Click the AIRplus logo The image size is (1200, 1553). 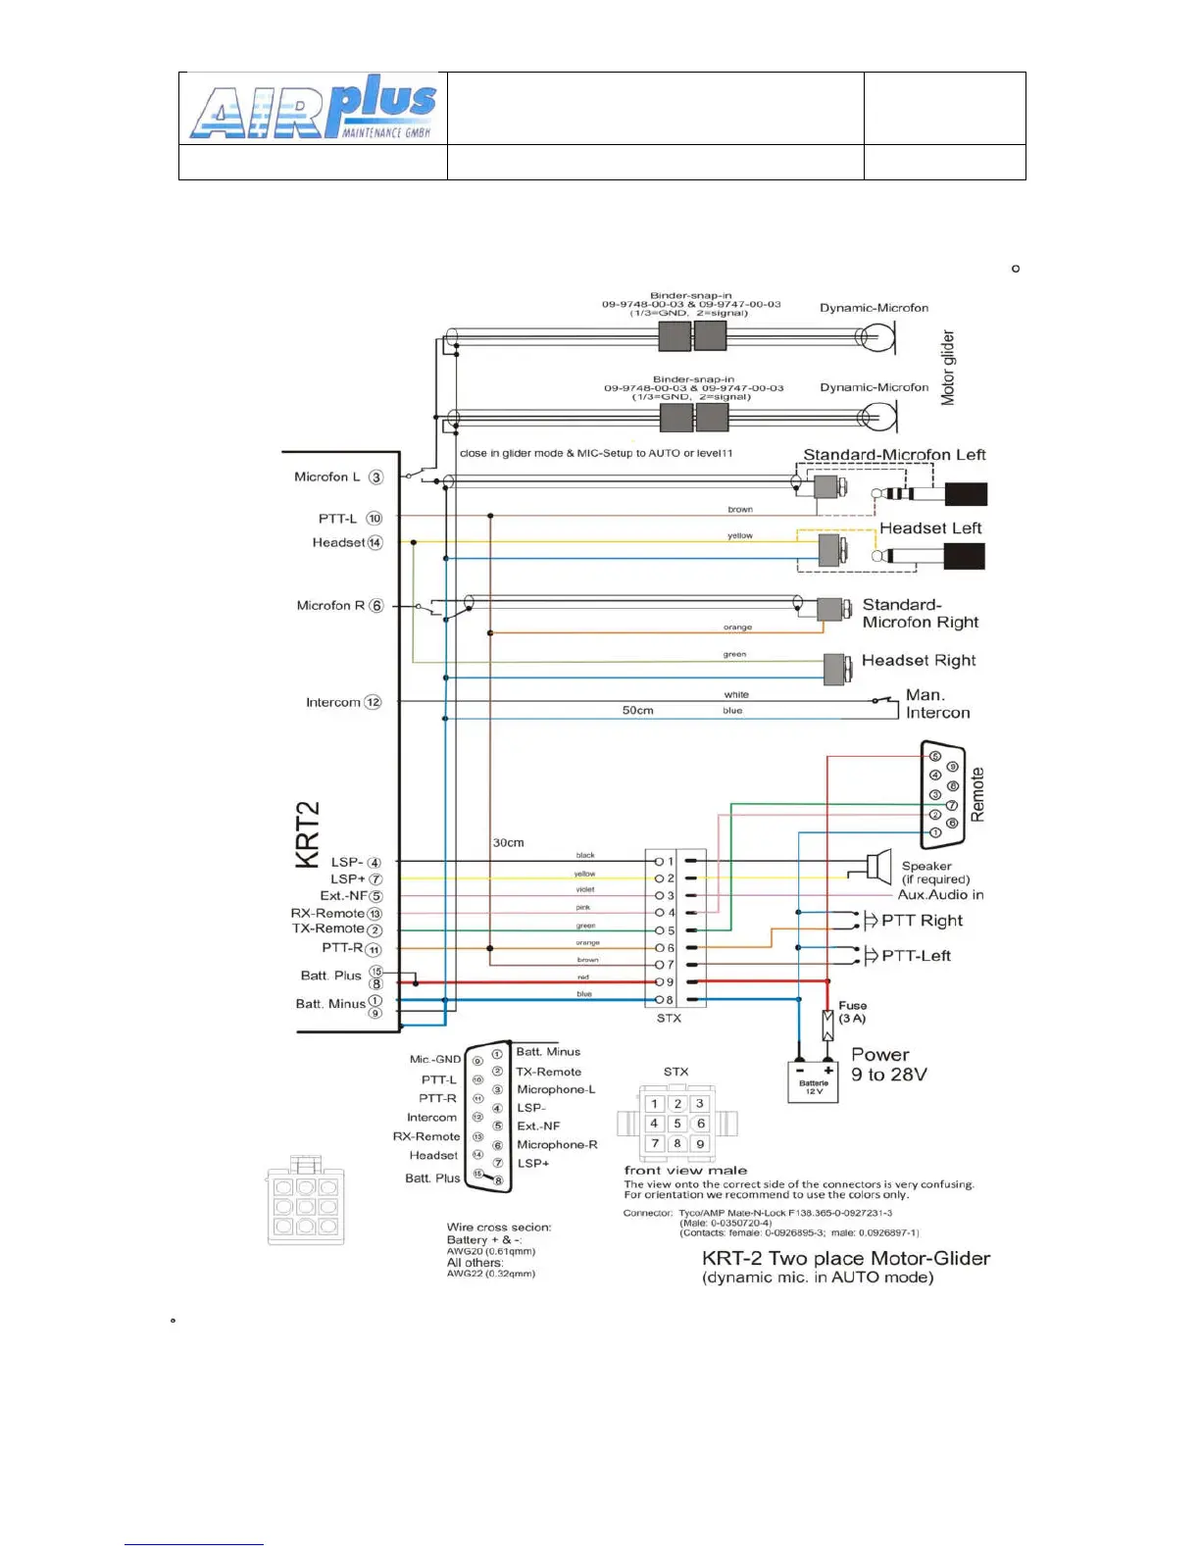[x=313, y=107]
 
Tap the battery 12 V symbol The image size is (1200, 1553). [x=813, y=1082]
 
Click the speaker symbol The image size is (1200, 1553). [x=878, y=867]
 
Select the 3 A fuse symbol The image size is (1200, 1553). [x=827, y=1026]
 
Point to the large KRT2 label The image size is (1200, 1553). [x=308, y=834]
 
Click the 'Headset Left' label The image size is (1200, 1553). [x=930, y=528]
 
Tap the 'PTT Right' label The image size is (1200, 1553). [x=922, y=921]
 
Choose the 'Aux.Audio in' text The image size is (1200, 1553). [x=940, y=894]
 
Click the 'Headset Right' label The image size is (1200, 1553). [x=919, y=661]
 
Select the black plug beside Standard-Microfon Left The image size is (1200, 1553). [x=965, y=494]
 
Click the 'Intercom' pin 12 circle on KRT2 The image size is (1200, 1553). [x=373, y=702]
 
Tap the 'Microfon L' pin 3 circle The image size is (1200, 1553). [x=375, y=477]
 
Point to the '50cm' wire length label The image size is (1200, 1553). [x=637, y=710]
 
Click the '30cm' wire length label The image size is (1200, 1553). [x=508, y=842]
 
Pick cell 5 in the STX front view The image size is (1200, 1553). [x=677, y=1124]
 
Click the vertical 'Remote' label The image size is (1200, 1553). [x=976, y=794]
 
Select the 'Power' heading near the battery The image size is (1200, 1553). [x=879, y=1055]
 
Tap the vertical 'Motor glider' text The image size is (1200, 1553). [x=947, y=368]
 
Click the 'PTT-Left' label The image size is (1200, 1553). [x=916, y=956]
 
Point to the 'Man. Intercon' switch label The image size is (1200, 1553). [x=937, y=704]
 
